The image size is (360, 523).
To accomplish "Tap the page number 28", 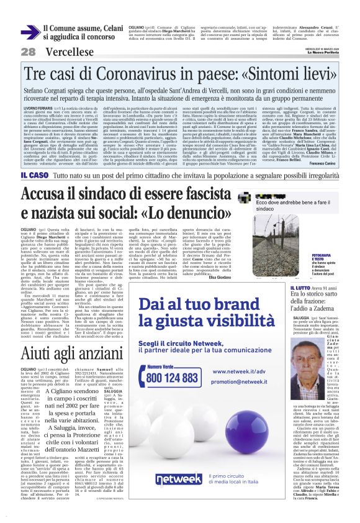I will [28, 52].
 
